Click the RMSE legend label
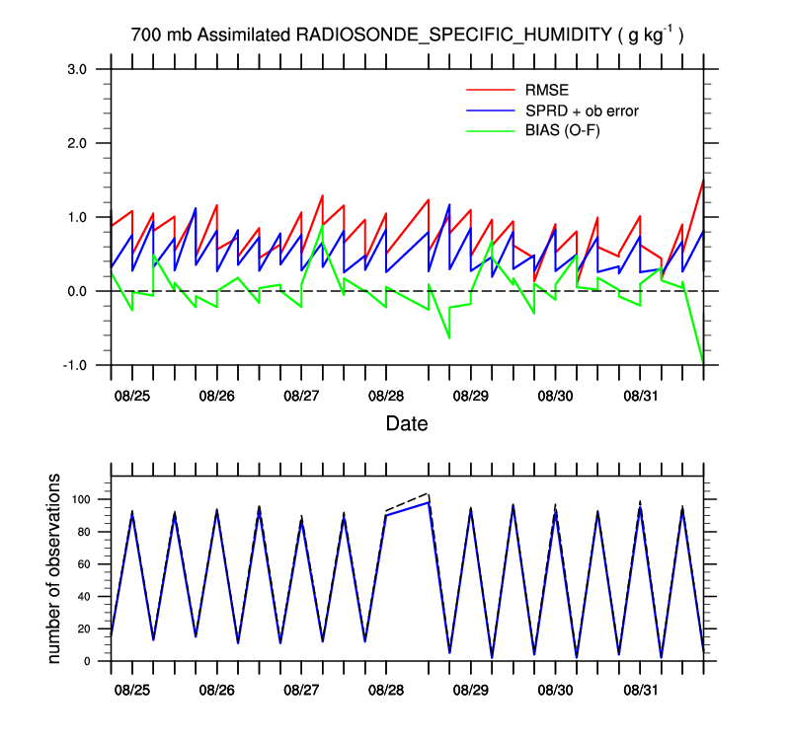(x=547, y=92)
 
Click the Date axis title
(x=407, y=424)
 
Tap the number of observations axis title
(x=55, y=568)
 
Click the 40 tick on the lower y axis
(x=88, y=596)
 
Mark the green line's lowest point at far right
(x=703, y=364)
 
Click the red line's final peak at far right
(x=703, y=180)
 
